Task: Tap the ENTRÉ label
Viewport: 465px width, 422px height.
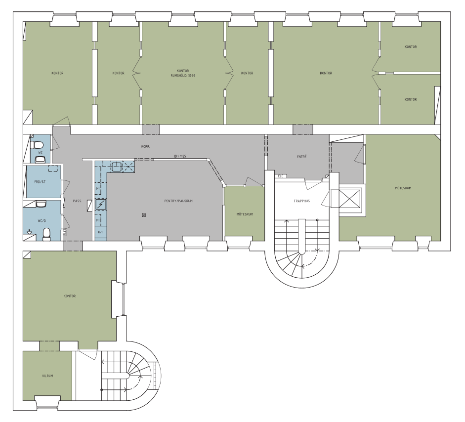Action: (301, 157)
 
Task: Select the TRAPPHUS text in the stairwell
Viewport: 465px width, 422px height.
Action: (301, 201)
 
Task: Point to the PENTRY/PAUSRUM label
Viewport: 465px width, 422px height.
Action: (178, 201)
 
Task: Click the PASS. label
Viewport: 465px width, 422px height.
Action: (78, 201)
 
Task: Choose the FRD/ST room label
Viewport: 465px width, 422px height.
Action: (40, 182)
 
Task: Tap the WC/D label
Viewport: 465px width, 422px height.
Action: (42, 221)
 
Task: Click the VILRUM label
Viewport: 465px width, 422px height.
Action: (47, 376)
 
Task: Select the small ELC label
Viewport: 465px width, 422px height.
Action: (281, 176)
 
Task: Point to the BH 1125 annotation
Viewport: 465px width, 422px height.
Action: (180, 156)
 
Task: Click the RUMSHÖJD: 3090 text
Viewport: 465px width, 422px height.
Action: (183, 75)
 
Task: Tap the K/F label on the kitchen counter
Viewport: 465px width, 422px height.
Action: (100, 232)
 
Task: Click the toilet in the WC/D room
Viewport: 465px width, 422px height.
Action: (46, 234)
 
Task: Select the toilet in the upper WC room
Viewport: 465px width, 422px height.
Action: (37, 145)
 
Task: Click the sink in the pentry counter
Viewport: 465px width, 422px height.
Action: (117, 167)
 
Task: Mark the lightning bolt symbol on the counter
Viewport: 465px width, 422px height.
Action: (101, 204)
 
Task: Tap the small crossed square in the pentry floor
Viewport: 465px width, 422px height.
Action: (144, 215)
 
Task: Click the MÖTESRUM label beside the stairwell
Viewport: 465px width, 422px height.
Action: (245, 214)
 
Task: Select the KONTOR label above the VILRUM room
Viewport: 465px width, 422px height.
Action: (69, 296)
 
